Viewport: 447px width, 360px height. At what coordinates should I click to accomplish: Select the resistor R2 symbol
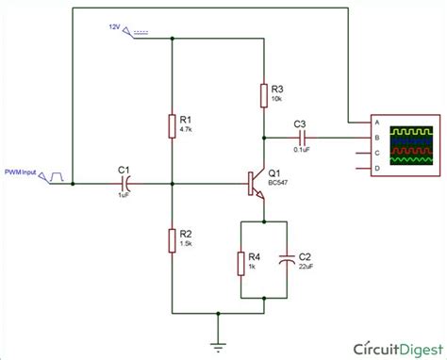click(x=173, y=238)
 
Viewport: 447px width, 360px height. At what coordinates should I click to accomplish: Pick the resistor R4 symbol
click(x=241, y=260)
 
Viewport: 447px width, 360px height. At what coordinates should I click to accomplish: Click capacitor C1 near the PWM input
click(x=124, y=183)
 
